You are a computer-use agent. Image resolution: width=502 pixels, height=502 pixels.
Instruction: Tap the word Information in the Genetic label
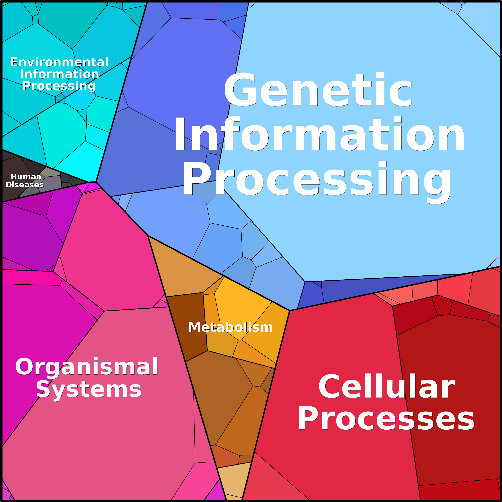(x=319, y=134)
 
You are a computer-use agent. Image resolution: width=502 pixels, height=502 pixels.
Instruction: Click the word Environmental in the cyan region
(x=59, y=62)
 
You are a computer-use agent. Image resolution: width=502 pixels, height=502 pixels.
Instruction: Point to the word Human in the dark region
(x=26, y=177)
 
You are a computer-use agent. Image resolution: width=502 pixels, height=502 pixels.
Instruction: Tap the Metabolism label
(x=230, y=327)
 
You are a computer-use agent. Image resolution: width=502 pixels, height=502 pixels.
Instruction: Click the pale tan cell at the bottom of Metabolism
(x=234, y=481)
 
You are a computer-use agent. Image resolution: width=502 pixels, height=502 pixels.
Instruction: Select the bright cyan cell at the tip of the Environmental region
(x=78, y=164)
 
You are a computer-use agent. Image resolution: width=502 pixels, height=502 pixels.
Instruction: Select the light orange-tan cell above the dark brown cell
(x=182, y=270)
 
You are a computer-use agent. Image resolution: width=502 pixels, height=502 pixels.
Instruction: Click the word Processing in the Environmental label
(x=59, y=86)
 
